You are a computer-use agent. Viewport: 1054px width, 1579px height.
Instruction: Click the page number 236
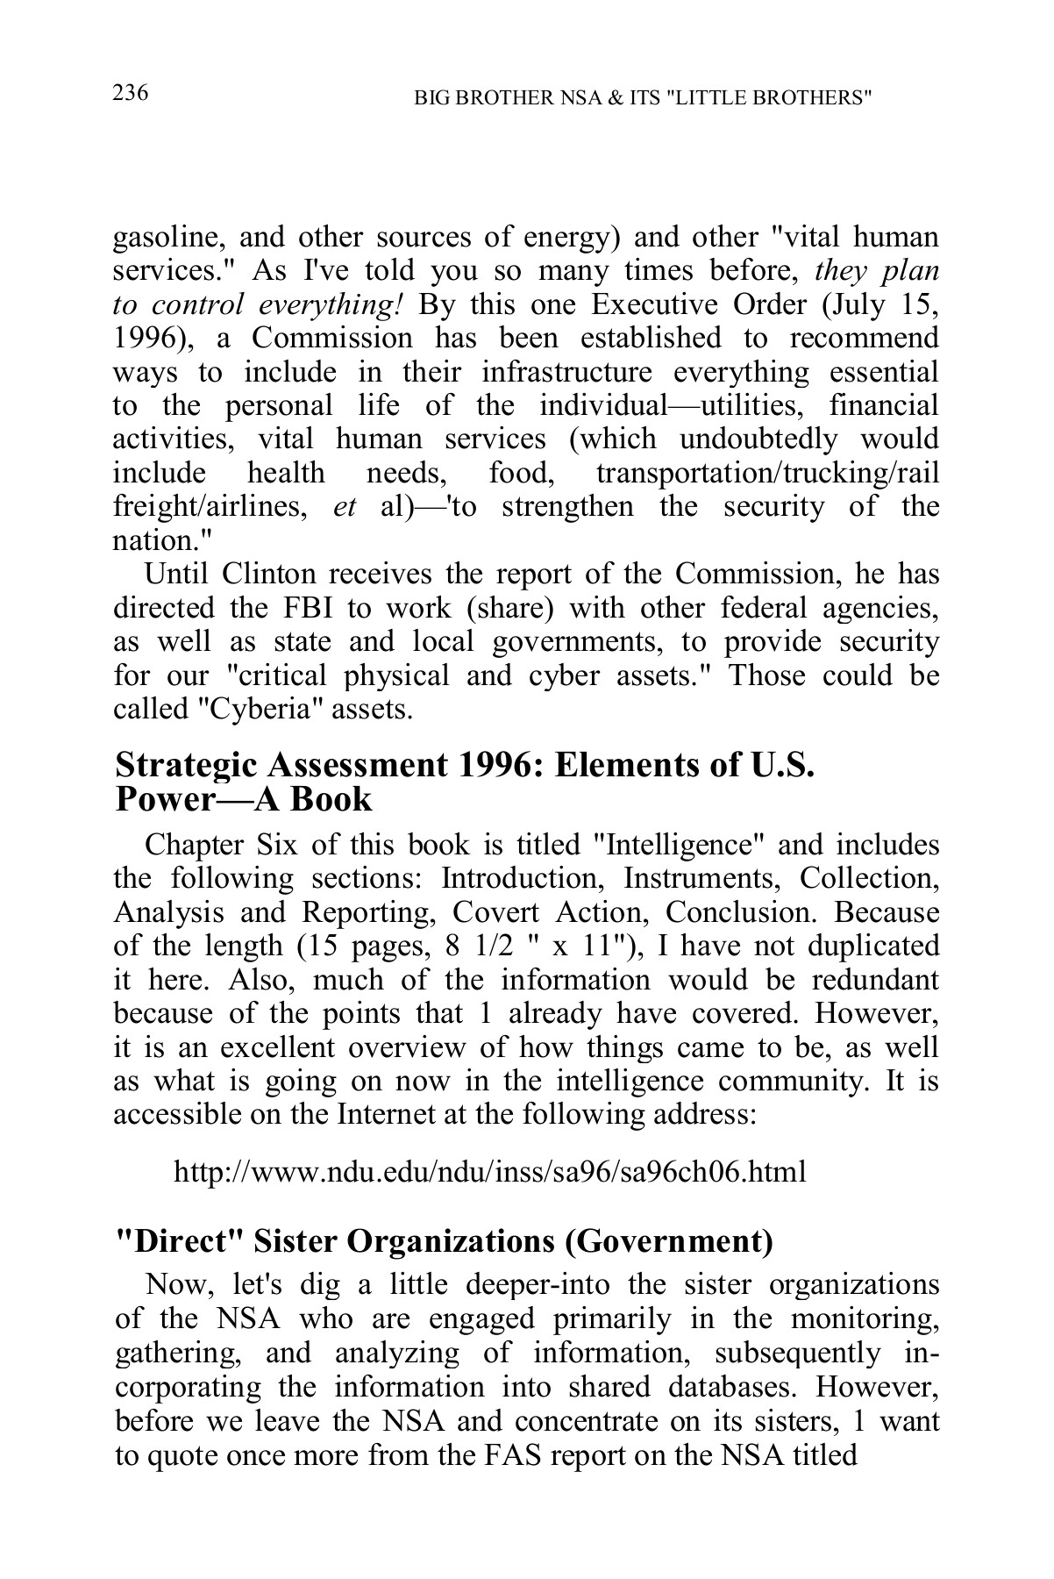point(131,93)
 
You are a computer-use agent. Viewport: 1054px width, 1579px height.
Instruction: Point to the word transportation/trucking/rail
point(766,473)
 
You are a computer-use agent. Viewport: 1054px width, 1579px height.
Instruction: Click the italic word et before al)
point(345,507)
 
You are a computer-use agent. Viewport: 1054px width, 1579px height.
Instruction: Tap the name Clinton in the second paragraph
point(268,575)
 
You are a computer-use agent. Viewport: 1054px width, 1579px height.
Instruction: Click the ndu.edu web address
point(489,1172)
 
